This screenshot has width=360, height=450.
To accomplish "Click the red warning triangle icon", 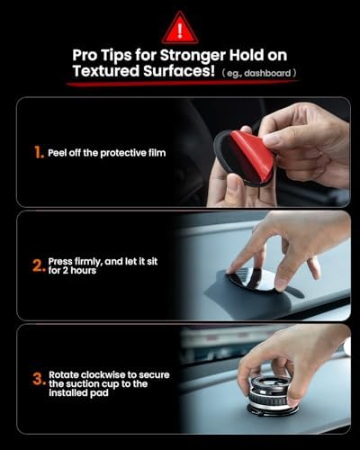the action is pyautogui.click(x=180, y=28).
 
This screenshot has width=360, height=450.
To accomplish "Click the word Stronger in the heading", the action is pyautogui.click(x=193, y=56).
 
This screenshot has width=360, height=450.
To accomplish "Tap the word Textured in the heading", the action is pyautogui.click(x=106, y=71).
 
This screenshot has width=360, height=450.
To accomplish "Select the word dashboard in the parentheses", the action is pyautogui.click(x=267, y=73).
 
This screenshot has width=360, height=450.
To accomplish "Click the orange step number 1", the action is pyautogui.click(x=39, y=152).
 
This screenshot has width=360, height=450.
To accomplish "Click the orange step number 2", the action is pyautogui.click(x=39, y=265).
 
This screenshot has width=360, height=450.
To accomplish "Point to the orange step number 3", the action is pyautogui.click(x=39, y=379).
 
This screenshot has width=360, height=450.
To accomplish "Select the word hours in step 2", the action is pyautogui.click(x=84, y=271).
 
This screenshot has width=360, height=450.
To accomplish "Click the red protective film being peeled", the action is pyautogui.click(x=251, y=153).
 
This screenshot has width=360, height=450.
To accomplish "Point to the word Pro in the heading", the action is pyautogui.click(x=85, y=56).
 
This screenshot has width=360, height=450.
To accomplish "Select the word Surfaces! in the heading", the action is pyautogui.click(x=179, y=71).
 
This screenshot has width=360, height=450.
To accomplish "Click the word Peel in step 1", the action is pyautogui.click(x=58, y=153).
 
